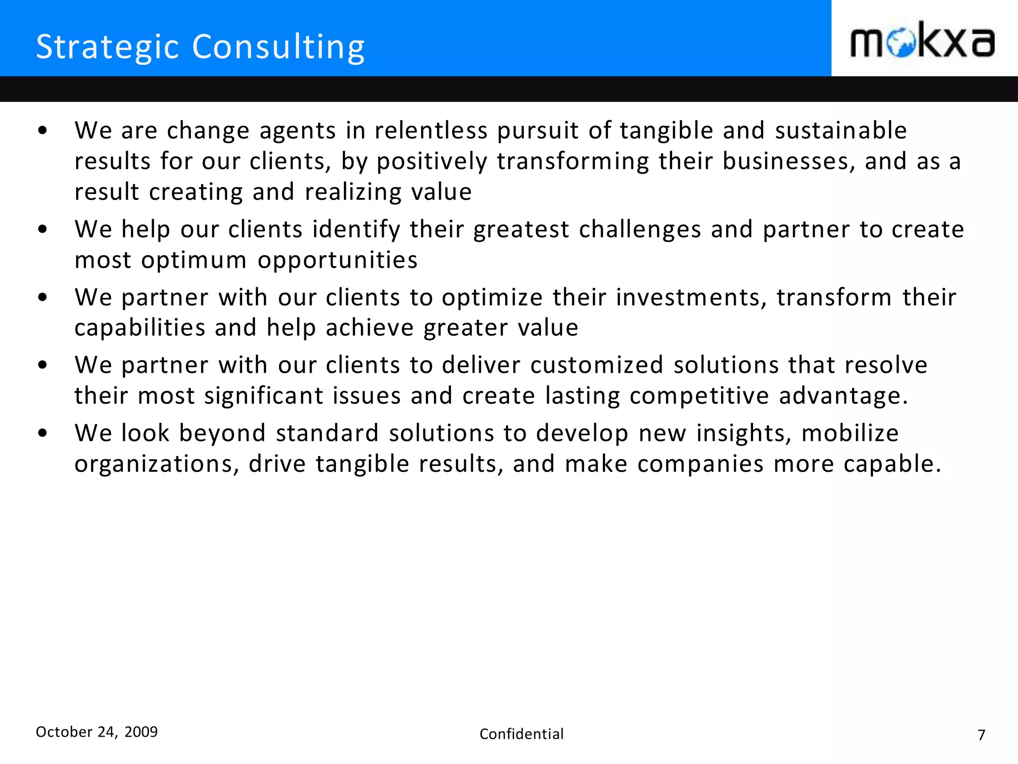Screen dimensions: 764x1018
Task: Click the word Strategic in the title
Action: (x=107, y=48)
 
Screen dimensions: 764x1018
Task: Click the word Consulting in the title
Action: (x=278, y=48)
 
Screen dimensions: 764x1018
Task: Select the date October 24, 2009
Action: (x=96, y=732)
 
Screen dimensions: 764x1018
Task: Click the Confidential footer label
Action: (x=521, y=734)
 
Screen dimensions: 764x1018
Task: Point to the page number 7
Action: (x=981, y=735)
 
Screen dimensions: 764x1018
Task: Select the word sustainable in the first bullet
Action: (x=841, y=131)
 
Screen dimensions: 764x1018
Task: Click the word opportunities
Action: (x=338, y=261)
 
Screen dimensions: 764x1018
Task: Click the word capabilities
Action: (x=140, y=328)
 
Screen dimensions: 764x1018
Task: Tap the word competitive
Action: (x=699, y=396)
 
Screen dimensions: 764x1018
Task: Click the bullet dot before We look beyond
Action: (x=43, y=433)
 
